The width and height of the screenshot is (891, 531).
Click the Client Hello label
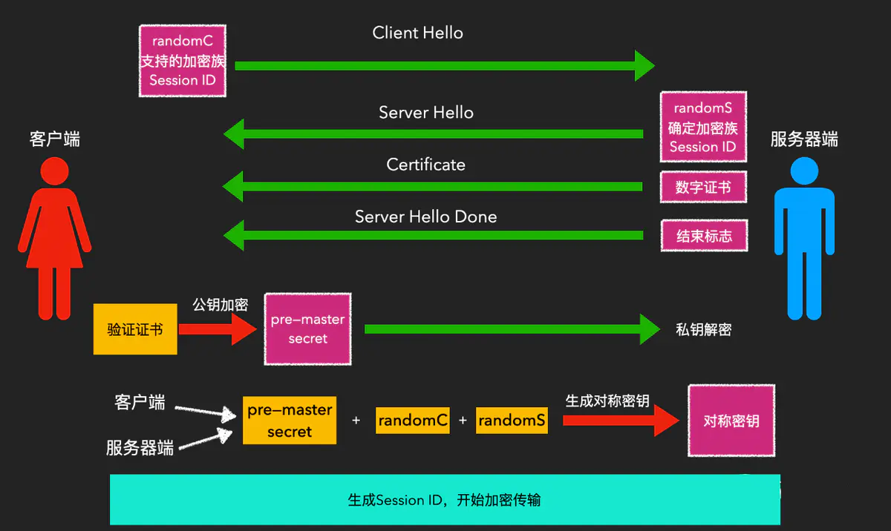click(x=417, y=33)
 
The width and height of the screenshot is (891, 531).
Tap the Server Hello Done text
click(x=425, y=217)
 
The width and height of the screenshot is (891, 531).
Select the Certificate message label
click(x=425, y=165)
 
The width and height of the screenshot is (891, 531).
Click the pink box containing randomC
click(x=182, y=60)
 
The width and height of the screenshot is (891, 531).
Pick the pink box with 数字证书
click(x=702, y=188)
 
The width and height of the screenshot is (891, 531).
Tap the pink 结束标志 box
click(x=703, y=236)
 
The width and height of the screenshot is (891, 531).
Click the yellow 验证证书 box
click(x=135, y=329)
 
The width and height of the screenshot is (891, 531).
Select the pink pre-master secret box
click(x=307, y=329)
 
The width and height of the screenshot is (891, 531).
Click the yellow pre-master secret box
click(x=290, y=420)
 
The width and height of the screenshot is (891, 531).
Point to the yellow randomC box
click(x=413, y=420)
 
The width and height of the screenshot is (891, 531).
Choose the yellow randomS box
click(x=512, y=420)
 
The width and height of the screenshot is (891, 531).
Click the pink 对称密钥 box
click(x=731, y=421)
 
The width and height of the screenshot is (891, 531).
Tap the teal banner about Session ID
click(x=445, y=499)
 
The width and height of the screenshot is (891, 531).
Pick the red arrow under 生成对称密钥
click(x=620, y=420)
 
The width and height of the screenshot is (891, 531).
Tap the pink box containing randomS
click(x=702, y=128)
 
